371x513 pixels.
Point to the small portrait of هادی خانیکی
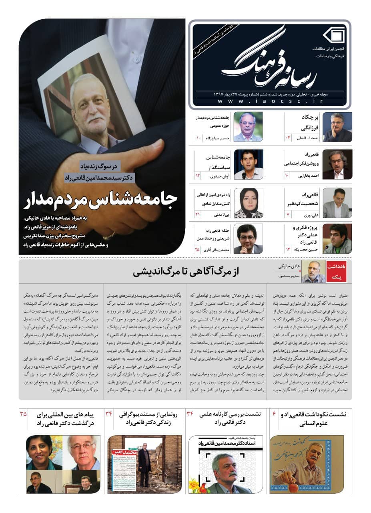[x=313, y=271]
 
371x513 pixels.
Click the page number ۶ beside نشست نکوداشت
[x=274, y=413]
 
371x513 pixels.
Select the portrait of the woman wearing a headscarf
[x=248, y=203]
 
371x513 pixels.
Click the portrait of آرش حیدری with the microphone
[x=248, y=164]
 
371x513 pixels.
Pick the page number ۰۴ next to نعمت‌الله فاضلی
[x=287, y=138]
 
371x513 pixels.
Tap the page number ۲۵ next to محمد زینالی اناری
[x=197, y=250]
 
